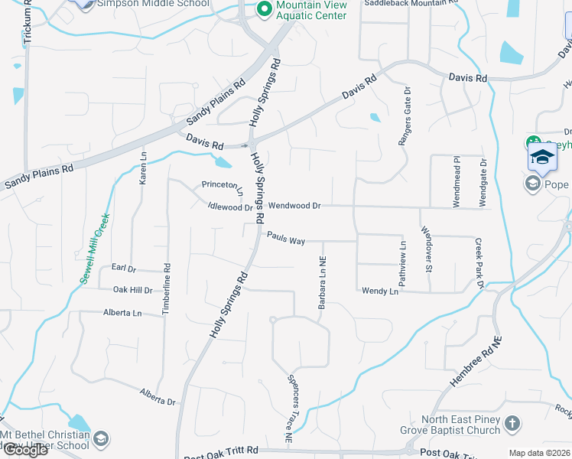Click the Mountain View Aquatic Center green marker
point(265,9)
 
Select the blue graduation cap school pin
point(541,158)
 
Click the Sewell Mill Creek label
point(96,249)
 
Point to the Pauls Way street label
point(286,241)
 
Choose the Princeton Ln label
point(222,184)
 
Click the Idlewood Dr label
point(230,207)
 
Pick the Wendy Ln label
point(380,291)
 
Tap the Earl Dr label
point(123,269)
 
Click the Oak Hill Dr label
point(133,290)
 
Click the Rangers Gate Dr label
point(404,116)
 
